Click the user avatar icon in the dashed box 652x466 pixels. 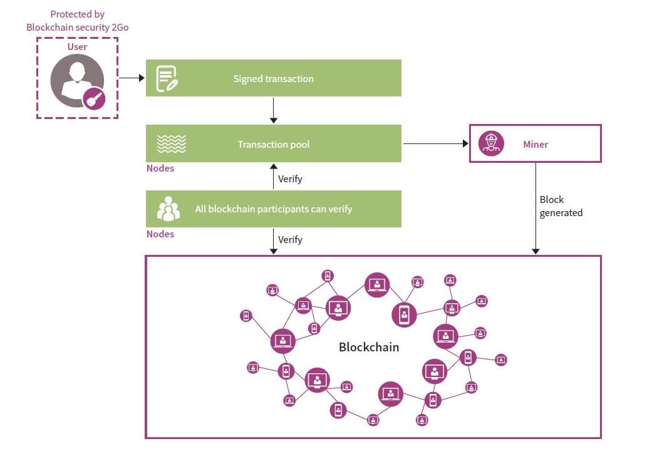76,80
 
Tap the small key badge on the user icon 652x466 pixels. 94,98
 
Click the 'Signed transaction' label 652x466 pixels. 273,79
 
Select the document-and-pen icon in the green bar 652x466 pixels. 167,78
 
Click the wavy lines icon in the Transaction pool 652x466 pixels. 171,144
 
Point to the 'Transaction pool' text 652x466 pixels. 274,145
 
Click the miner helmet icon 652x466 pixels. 491,143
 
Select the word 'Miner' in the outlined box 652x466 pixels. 536,145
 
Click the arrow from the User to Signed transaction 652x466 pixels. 132,78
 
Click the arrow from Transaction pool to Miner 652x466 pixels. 435,143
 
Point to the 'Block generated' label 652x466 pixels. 561,206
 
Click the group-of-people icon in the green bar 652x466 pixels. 168,209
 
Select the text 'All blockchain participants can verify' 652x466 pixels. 273,209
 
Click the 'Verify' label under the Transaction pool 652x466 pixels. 290,179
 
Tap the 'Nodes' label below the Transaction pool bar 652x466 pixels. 160,168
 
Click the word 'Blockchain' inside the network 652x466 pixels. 368,347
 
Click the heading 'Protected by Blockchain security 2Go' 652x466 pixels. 77,21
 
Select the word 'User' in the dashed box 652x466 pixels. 77,47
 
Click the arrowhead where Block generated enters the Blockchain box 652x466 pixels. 536,251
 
